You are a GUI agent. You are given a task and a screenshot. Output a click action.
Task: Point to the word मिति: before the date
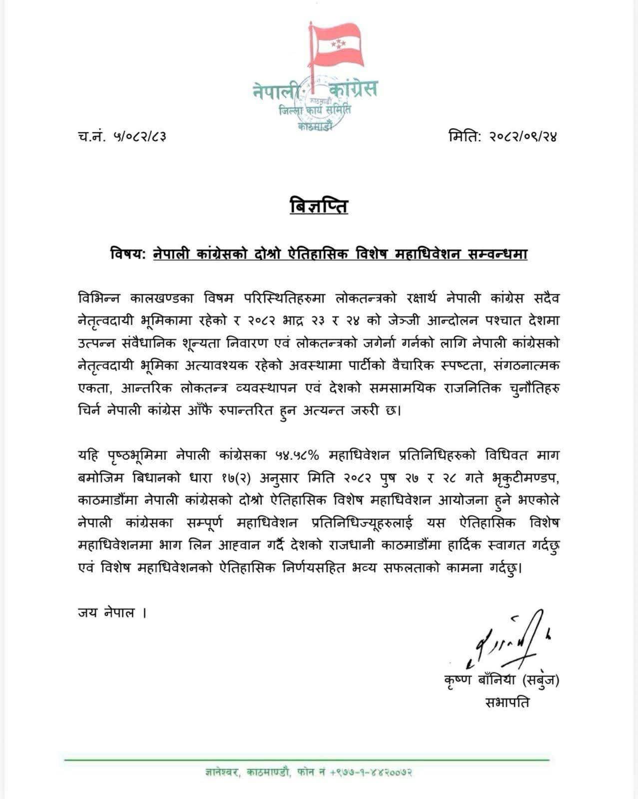tap(465, 136)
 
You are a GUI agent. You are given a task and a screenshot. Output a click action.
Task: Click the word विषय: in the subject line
tap(128, 254)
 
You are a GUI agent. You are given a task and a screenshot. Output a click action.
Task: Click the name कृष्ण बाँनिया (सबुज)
tap(501, 680)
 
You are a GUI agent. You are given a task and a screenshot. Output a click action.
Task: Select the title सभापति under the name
tap(507, 702)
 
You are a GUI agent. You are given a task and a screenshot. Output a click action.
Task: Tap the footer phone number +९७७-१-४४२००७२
tap(371, 772)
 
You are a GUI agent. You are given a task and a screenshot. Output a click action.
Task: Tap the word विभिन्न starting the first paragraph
tap(99, 298)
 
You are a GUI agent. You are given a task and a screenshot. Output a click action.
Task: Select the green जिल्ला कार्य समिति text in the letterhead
tap(315, 110)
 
